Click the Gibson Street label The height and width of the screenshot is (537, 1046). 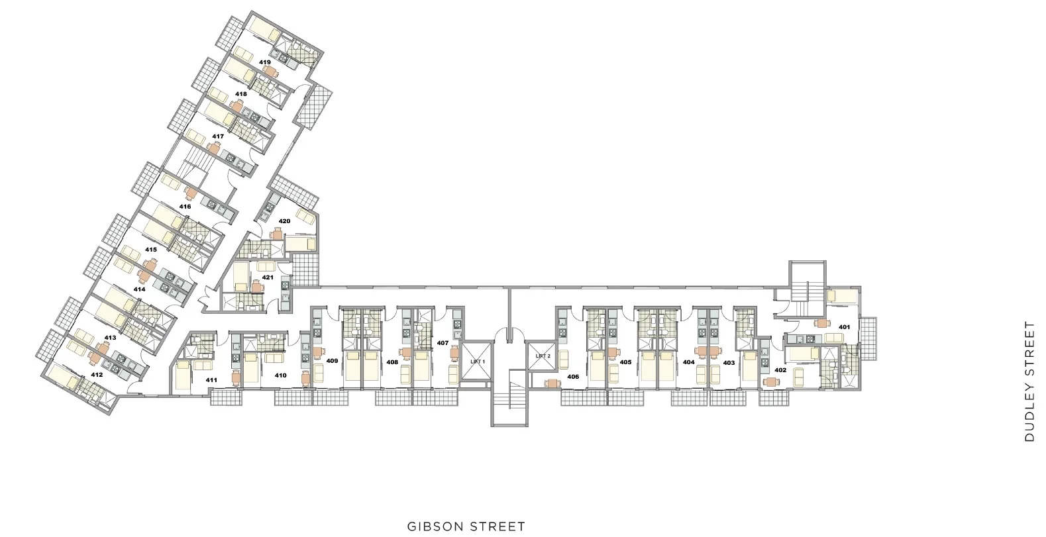pyautogui.click(x=466, y=526)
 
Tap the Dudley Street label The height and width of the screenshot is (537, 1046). pyautogui.click(x=1029, y=381)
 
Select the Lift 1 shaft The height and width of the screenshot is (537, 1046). pyautogui.click(x=477, y=362)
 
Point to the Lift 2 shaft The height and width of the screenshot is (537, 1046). pyautogui.click(x=542, y=356)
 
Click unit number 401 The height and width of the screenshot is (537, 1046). pyautogui.click(x=844, y=327)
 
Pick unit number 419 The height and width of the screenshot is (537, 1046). pyautogui.click(x=265, y=62)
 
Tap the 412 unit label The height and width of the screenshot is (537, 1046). pyautogui.click(x=97, y=375)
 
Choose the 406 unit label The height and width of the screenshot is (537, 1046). pyautogui.click(x=573, y=377)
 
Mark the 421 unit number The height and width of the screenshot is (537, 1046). pyautogui.click(x=268, y=277)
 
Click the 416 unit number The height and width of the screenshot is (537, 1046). pyautogui.click(x=185, y=206)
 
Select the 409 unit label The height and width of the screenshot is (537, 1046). pyautogui.click(x=332, y=361)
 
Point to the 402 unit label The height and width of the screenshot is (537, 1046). pyautogui.click(x=780, y=370)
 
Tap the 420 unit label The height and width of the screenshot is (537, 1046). pyautogui.click(x=284, y=221)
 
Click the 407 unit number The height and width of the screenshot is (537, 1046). pyautogui.click(x=443, y=343)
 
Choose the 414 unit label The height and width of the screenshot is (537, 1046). pyautogui.click(x=139, y=289)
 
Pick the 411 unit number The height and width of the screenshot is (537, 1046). pyautogui.click(x=211, y=380)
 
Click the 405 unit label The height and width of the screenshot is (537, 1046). pyautogui.click(x=625, y=362)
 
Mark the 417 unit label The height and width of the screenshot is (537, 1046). pyautogui.click(x=218, y=136)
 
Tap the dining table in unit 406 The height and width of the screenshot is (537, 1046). pyautogui.click(x=552, y=383)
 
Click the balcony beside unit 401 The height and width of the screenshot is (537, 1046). pyautogui.click(x=868, y=338)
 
